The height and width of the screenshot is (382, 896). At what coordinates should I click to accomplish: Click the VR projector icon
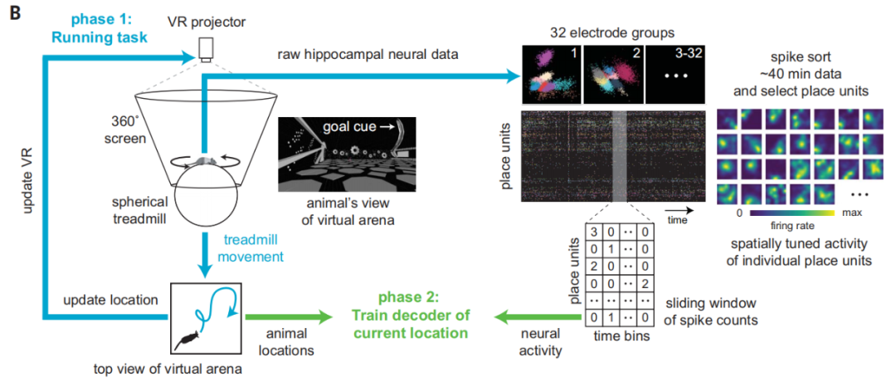point(207,51)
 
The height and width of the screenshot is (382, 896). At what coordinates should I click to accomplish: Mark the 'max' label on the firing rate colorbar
point(851,213)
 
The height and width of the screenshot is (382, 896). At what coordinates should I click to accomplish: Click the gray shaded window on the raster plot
point(620,155)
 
